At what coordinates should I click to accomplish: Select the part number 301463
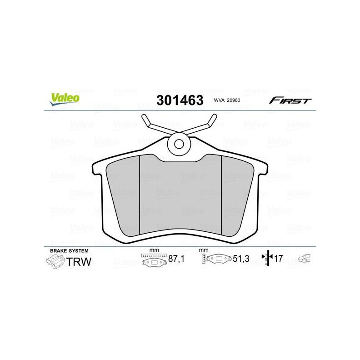tap(180, 100)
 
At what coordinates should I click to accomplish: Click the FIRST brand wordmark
tap(290, 100)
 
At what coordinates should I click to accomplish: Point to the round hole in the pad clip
tap(180, 145)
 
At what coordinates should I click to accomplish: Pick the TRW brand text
tap(80, 261)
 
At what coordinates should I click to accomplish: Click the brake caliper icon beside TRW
tap(55, 262)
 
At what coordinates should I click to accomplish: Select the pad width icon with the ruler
tap(153, 260)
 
